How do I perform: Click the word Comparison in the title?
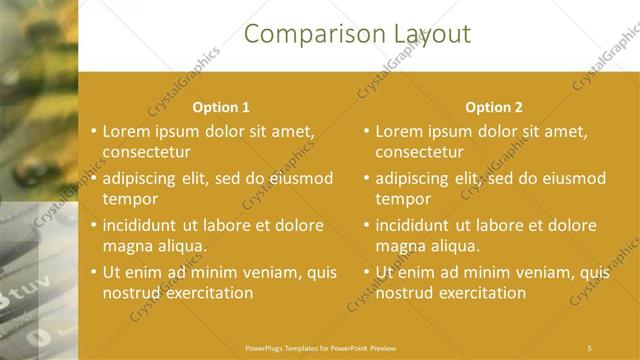[302, 34]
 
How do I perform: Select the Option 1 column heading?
[221, 107]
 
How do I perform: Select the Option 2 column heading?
[494, 107]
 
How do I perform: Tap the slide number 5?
[589, 348]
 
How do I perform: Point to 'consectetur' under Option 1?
[146, 152]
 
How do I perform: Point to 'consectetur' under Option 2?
[419, 152]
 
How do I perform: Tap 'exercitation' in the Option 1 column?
[207, 293]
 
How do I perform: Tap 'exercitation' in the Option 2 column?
[480, 293]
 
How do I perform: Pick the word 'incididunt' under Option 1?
[143, 225]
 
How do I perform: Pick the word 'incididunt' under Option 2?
[416, 225]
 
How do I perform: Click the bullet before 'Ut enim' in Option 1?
[93, 271]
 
